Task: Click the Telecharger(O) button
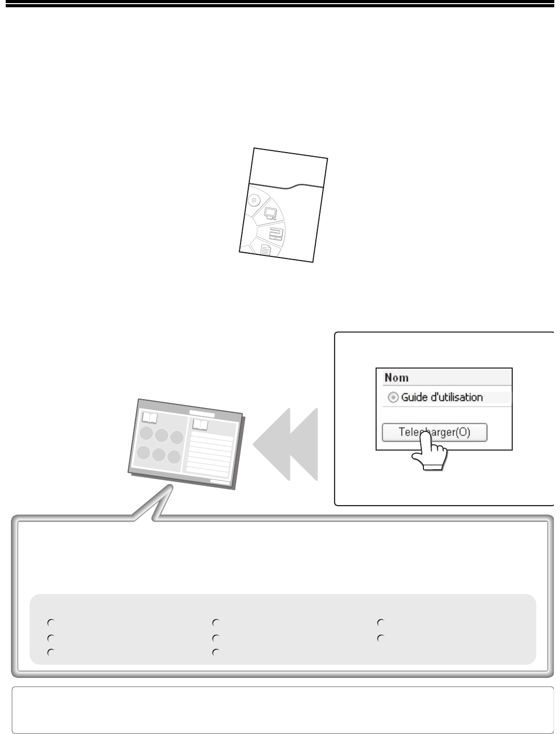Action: coord(434,432)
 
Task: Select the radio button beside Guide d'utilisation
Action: coord(393,397)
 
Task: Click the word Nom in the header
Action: coord(396,377)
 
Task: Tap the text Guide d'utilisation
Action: coord(442,397)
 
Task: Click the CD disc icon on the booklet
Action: coord(254,200)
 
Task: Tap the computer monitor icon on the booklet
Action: coord(270,213)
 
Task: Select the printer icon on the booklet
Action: coord(276,234)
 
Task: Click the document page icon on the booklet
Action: coord(265,250)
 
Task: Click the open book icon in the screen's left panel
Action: coord(150,418)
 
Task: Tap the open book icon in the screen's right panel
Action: coord(201,425)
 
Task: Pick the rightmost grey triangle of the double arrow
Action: coord(303,444)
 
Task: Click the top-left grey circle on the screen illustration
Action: coord(146,433)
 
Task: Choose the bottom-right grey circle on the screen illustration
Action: coord(174,457)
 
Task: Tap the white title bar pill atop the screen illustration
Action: coord(202,414)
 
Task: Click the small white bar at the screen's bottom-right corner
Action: coord(220,481)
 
